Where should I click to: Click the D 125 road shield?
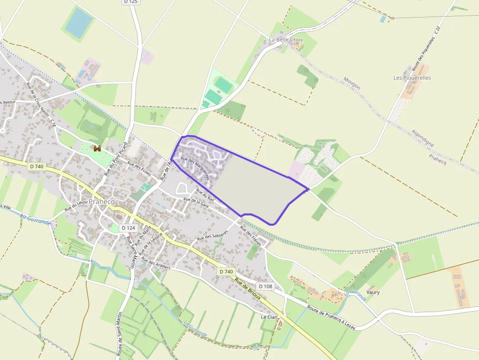131,2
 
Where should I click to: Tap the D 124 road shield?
128,228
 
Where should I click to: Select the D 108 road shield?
265,286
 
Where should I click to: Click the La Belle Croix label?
286,40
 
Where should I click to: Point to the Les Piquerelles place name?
412,78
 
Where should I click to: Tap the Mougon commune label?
352,83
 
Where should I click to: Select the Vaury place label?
372,292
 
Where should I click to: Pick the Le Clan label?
269,317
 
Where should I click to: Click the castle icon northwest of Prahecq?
97,148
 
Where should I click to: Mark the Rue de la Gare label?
196,203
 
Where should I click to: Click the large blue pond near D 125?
79,22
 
